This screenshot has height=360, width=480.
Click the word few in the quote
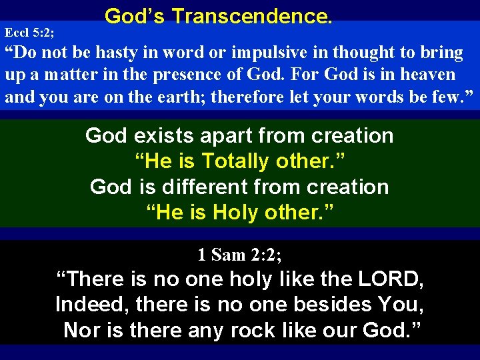(449, 97)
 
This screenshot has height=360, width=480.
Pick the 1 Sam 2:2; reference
(239, 254)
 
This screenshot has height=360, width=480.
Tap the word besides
(332, 305)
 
